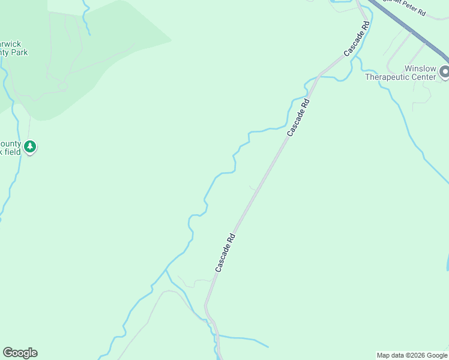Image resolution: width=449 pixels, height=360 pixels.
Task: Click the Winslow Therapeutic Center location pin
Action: click(x=444, y=72)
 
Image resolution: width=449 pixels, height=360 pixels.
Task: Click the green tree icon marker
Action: click(x=29, y=146)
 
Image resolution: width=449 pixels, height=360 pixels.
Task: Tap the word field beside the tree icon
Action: click(x=13, y=152)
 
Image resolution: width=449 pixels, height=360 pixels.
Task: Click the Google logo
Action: click(x=20, y=353)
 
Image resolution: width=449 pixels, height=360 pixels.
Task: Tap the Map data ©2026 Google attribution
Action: click(x=412, y=355)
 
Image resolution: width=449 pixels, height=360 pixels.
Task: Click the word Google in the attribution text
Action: click(x=437, y=355)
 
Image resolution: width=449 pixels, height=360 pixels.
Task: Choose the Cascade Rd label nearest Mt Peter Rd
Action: click(x=357, y=39)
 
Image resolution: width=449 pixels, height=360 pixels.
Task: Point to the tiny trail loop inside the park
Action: click(x=62, y=86)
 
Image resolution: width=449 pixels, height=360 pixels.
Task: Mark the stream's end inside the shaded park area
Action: click(x=90, y=35)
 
